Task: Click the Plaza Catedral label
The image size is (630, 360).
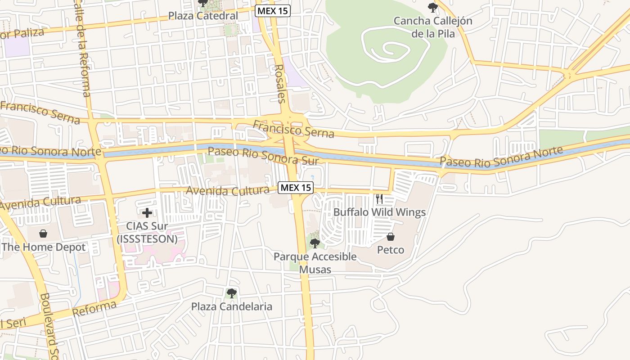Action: [x=203, y=16]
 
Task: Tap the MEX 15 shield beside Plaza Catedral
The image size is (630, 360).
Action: [x=273, y=11]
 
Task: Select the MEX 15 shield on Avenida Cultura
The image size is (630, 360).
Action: [x=295, y=188]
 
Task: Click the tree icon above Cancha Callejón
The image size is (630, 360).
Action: [x=433, y=7]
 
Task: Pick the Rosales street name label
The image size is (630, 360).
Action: [x=279, y=83]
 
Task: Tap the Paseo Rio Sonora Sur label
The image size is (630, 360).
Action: [x=263, y=155]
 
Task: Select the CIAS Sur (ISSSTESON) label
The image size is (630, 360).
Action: [x=147, y=233]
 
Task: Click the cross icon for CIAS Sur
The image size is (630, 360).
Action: [x=147, y=213]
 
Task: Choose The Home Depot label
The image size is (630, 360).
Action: [x=43, y=247]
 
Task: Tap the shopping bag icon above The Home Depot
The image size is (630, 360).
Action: [x=43, y=234]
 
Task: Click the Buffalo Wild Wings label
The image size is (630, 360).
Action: [x=379, y=212]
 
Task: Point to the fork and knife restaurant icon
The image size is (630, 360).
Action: [x=379, y=198]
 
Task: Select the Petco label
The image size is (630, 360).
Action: [x=391, y=250]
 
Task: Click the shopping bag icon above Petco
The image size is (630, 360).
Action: [x=391, y=237]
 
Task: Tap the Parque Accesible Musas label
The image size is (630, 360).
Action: [x=315, y=263]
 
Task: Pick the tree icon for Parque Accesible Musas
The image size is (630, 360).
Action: [x=315, y=243]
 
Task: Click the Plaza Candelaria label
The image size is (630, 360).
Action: [x=232, y=307]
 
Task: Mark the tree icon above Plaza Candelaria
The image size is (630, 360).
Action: [x=232, y=293]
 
